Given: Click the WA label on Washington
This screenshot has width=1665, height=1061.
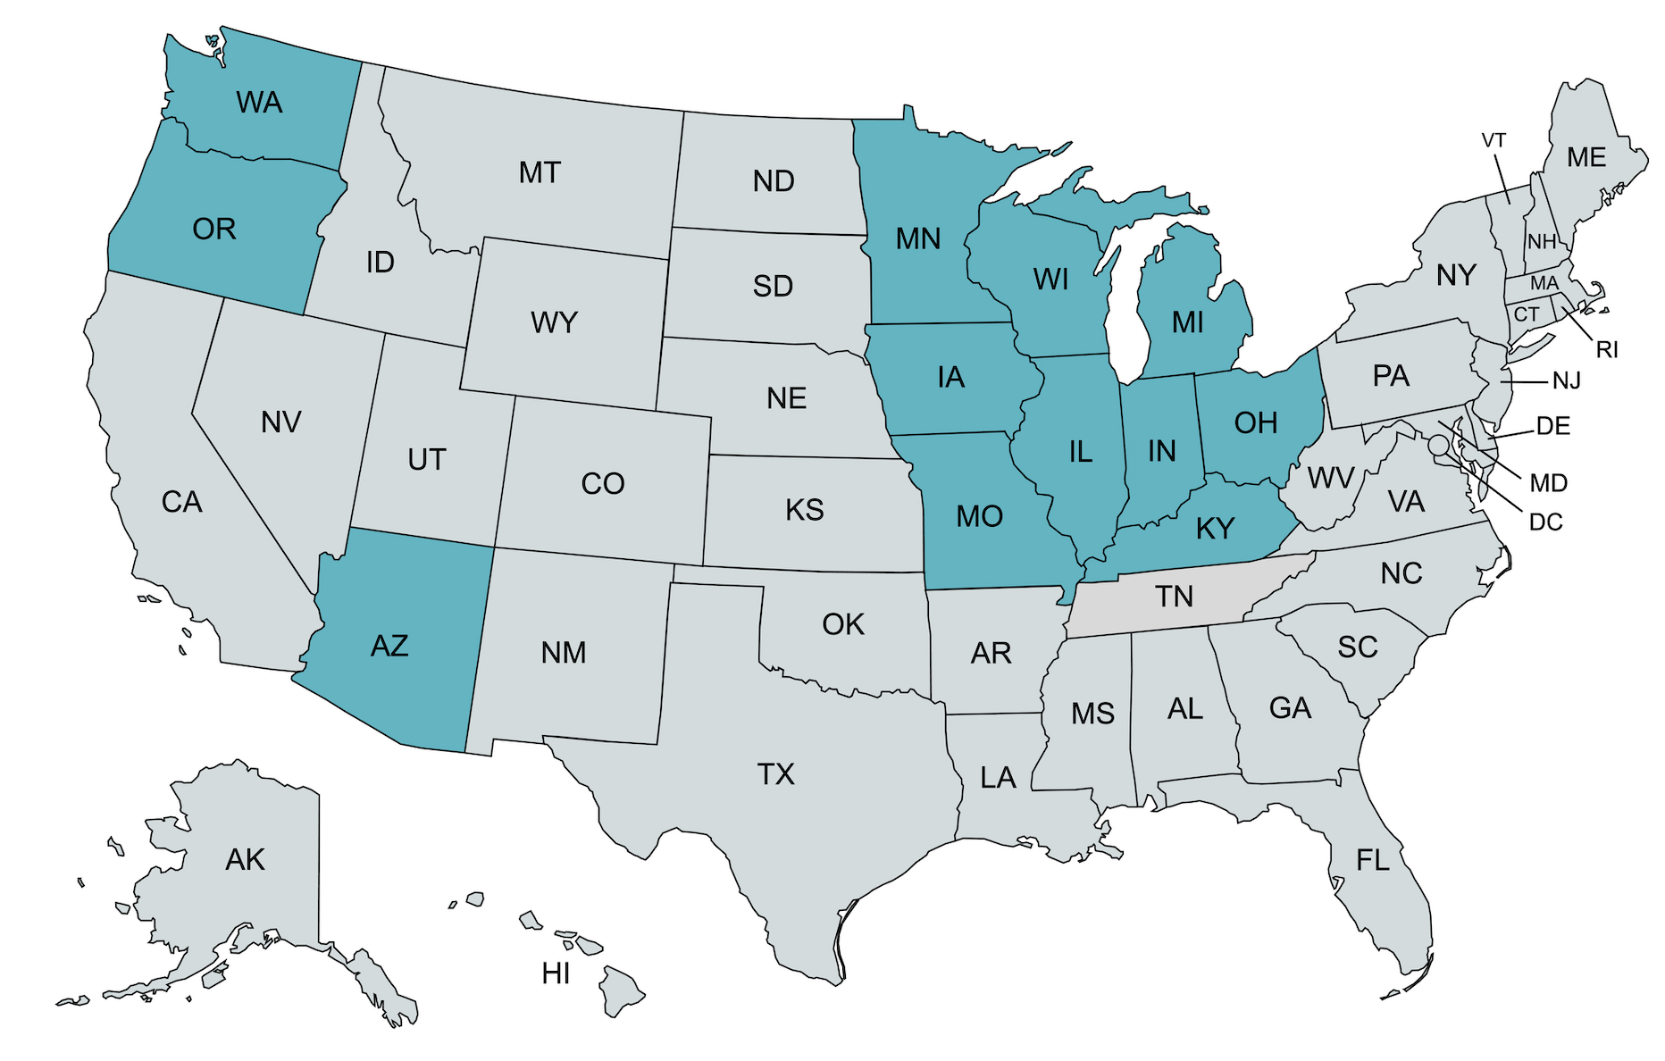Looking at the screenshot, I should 259,103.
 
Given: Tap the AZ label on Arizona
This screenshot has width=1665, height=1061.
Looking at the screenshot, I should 389,646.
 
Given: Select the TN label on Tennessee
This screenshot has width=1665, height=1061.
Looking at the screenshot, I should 1174,597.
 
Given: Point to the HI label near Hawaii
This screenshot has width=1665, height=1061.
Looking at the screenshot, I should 556,973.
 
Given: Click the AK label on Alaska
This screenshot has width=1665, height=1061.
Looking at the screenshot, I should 245,860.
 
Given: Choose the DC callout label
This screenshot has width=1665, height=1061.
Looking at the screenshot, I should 1546,522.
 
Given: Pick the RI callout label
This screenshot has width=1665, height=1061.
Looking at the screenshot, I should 1607,350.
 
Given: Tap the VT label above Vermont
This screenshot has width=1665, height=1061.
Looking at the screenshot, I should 1493,141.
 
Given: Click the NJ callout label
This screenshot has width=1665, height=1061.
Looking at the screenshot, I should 1567,381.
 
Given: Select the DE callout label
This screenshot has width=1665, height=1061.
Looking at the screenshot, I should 1553,426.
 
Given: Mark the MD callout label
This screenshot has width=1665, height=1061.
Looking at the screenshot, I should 1549,483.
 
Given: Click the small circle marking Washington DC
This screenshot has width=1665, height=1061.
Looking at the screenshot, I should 1438,444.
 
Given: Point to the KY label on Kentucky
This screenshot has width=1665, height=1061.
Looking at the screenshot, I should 1215,529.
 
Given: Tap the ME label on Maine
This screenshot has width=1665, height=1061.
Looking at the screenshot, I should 1586,158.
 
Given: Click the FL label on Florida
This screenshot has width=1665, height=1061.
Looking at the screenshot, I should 1373,861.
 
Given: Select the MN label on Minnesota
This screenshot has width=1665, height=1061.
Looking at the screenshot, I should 918,239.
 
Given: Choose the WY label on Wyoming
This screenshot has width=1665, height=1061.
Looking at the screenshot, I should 554,322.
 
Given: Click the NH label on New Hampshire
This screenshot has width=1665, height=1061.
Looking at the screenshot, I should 1542,242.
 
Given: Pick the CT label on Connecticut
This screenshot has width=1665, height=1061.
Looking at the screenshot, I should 1527,314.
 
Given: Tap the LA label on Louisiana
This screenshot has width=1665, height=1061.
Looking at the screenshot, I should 998,778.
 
